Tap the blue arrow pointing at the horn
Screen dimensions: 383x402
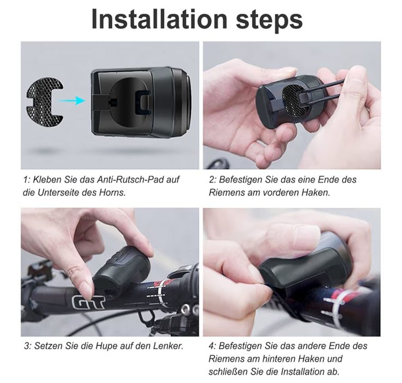(73, 100)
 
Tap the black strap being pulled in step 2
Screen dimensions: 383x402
(328, 89)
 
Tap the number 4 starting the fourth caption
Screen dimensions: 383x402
(211, 346)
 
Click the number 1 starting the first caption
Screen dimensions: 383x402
(26, 179)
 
